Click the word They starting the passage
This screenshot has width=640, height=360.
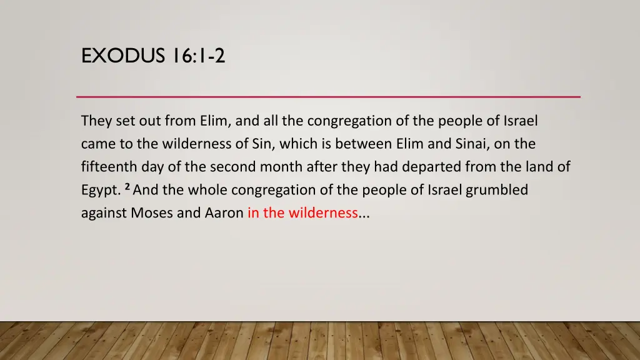96,121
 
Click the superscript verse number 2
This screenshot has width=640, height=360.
127,186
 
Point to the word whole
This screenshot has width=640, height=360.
196,190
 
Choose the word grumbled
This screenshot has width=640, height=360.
497,190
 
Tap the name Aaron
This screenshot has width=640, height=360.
224,213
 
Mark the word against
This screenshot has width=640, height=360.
104,213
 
